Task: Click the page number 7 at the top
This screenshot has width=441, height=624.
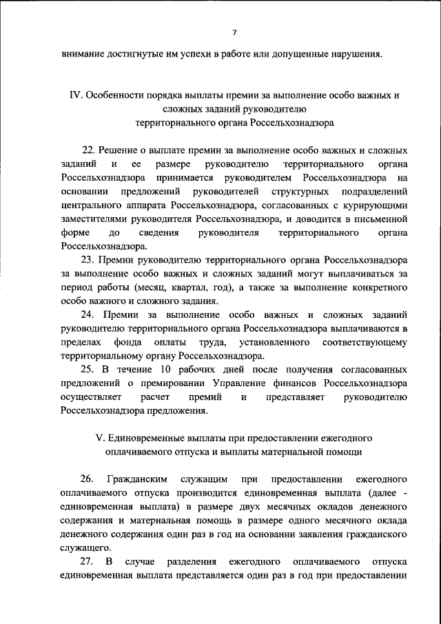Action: click(234, 33)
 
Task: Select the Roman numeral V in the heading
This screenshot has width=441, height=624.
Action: click(96, 439)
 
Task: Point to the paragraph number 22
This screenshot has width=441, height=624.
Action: click(88, 150)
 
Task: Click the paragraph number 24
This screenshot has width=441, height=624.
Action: click(88, 314)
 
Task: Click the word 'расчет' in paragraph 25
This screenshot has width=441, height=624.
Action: click(154, 396)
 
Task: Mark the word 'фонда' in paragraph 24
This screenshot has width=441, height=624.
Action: click(129, 342)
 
